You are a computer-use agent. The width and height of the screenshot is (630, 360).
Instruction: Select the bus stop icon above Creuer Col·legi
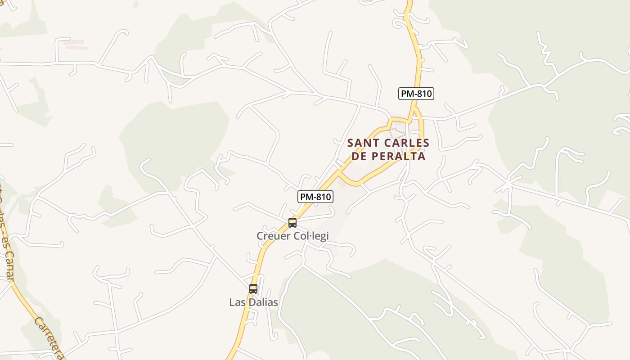(292, 222)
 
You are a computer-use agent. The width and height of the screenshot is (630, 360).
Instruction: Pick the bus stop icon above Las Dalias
(253, 289)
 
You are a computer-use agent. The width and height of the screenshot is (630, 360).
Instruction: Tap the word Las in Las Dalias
(237, 302)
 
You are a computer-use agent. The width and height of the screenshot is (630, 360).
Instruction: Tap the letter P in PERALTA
(374, 156)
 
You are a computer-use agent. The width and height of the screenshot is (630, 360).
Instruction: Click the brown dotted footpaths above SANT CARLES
(398, 133)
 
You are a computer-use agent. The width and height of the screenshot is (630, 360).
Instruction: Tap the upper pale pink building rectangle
(73, 42)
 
